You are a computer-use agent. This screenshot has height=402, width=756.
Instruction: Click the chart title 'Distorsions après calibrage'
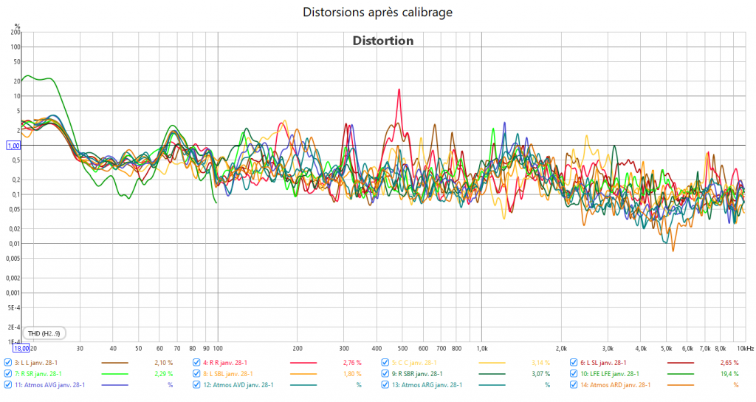click(x=377, y=13)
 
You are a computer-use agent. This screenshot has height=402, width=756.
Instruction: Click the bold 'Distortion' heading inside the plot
click(x=382, y=41)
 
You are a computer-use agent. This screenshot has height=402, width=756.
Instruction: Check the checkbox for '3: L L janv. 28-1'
click(x=8, y=363)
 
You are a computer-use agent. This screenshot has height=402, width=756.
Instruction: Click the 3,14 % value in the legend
click(x=540, y=363)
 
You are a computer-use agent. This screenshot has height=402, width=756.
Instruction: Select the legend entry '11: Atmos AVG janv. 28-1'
click(x=49, y=385)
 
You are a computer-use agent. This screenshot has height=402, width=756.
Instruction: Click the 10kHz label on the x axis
click(x=743, y=347)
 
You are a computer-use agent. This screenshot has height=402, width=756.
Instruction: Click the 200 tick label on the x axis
click(x=298, y=347)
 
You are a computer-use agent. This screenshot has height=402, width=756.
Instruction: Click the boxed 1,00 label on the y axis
click(x=13, y=146)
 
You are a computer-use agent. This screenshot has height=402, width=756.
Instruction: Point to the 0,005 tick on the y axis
click(x=12, y=259)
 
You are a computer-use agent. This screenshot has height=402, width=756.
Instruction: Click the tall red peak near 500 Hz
click(x=399, y=91)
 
